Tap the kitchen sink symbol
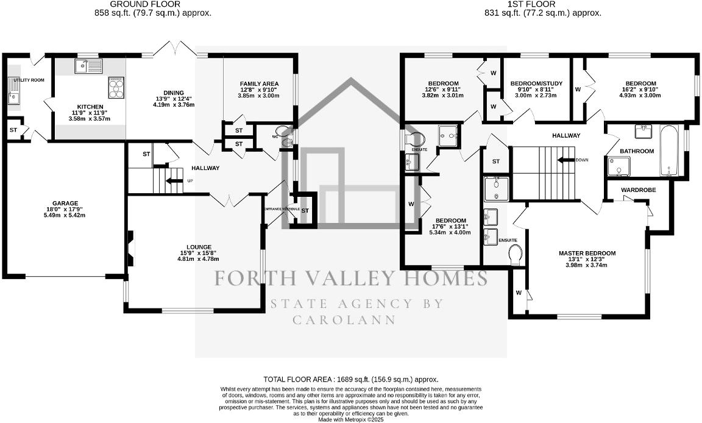click(x=89, y=66)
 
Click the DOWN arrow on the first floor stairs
click(x=567, y=160)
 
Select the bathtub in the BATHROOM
click(x=668, y=151)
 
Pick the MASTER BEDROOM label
click(x=587, y=253)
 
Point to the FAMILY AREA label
click(x=258, y=84)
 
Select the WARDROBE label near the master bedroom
click(x=638, y=190)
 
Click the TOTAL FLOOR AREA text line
click(x=350, y=379)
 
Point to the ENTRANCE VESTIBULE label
click(x=281, y=209)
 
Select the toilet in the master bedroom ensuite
click(x=516, y=255)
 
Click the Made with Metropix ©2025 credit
click(x=350, y=419)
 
